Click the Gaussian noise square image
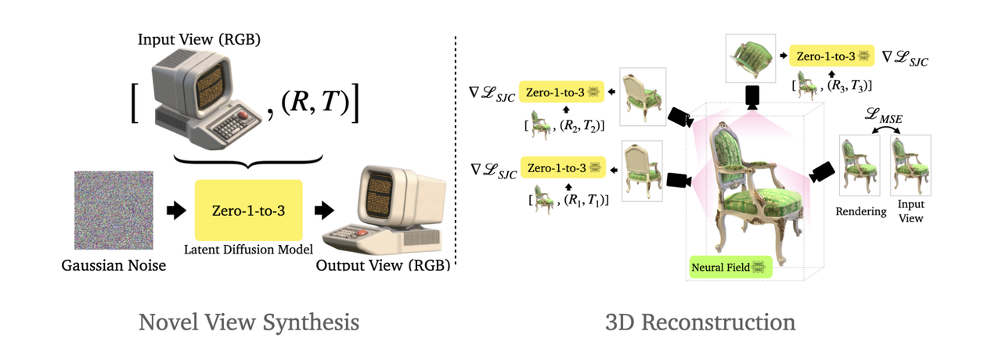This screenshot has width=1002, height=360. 110,209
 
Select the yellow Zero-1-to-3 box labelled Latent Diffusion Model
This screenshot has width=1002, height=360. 248,210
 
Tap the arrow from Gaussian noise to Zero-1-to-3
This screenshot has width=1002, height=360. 176,210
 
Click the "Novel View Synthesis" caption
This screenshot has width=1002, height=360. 249,322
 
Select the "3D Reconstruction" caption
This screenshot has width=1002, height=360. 700,322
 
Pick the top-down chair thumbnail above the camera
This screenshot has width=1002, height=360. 750,58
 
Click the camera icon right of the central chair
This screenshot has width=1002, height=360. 821,172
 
